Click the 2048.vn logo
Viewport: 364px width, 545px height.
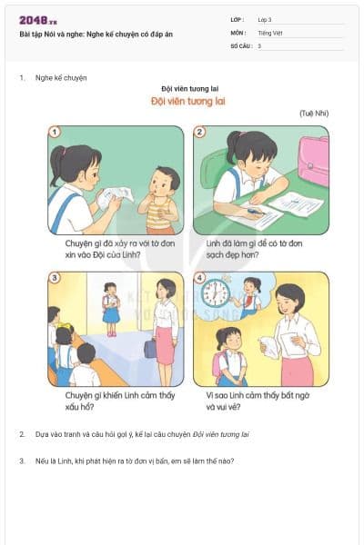pyautogui.click(x=37, y=20)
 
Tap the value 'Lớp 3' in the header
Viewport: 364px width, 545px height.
pyautogui.click(x=265, y=19)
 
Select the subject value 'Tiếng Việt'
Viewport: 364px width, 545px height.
pyautogui.click(x=269, y=32)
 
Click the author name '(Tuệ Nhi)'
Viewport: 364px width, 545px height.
pyautogui.click(x=313, y=113)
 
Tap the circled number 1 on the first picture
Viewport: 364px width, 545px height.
pyautogui.click(x=55, y=132)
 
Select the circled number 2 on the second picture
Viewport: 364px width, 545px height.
pyautogui.click(x=200, y=132)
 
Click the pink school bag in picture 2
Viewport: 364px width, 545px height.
pyautogui.click(x=314, y=160)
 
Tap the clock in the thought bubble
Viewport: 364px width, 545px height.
pyautogui.click(x=216, y=293)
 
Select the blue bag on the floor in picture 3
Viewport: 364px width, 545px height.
pyautogui.click(x=149, y=346)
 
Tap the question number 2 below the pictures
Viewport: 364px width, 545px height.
pyautogui.click(x=22, y=434)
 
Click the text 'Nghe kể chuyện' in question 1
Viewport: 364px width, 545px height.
pyautogui.click(x=61, y=78)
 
